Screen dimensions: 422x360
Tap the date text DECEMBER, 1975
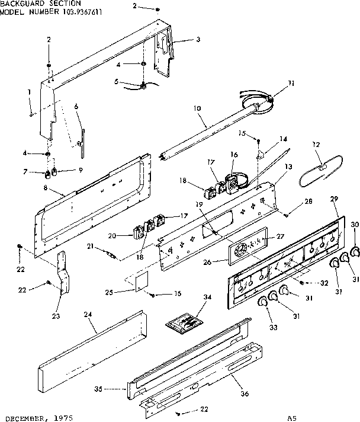point(36,417)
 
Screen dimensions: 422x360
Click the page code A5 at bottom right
point(291,417)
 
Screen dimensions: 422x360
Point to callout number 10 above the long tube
point(197,109)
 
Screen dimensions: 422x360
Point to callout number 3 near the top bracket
point(198,40)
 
